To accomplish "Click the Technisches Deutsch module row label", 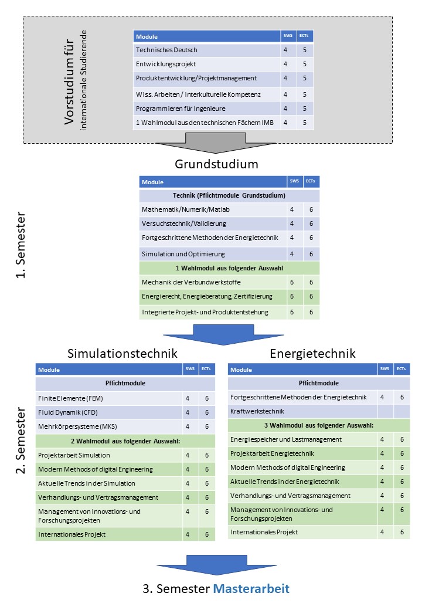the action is tap(166, 50).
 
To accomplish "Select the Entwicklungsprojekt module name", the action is tap(165, 64).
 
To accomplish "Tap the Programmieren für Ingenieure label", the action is tap(181, 109).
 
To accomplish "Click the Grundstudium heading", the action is tap(216, 164).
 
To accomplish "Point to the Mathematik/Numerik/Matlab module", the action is tap(185, 209).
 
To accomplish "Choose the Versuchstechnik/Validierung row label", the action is tap(183, 223).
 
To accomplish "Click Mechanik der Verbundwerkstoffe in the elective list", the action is tap(191, 282).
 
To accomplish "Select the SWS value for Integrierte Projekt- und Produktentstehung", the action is tap(292, 312).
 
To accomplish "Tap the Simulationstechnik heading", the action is tap(122, 353).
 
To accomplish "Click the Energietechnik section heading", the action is tap(312, 353).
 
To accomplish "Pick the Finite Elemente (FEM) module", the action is tap(70, 398).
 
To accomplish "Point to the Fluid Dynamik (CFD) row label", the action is tap(67, 412).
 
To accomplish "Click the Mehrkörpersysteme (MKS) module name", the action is tap(77, 426).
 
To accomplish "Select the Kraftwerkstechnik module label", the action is tap(257, 411).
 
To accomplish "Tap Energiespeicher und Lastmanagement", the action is tap(285, 439).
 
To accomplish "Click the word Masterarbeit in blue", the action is tap(251, 589).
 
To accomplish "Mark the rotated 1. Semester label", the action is tap(20, 245).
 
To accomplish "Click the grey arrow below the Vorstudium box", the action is tap(216, 143).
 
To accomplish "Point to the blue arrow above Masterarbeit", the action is tap(217, 565).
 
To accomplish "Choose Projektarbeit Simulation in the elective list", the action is tap(74, 455).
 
